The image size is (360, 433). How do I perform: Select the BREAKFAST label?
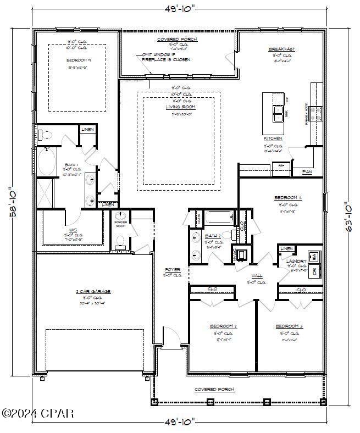pyautogui.click(x=281, y=49)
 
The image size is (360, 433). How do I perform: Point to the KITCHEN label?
pyautogui.click(x=273, y=138)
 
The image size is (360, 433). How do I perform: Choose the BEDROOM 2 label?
pyautogui.click(x=223, y=326)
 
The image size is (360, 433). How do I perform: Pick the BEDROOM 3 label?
pyautogui.click(x=289, y=326)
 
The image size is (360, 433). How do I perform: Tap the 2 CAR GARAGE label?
pyautogui.click(x=93, y=291)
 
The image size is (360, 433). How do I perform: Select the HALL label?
pyautogui.click(x=256, y=276)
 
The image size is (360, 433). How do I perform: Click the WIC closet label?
pyautogui.click(x=73, y=231)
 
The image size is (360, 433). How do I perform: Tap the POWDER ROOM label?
pyautogui.click(x=121, y=224)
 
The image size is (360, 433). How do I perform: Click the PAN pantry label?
pyautogui.click(x=307, y=172)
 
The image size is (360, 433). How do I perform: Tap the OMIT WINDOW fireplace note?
pyautogui.click(x=166, y=57)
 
